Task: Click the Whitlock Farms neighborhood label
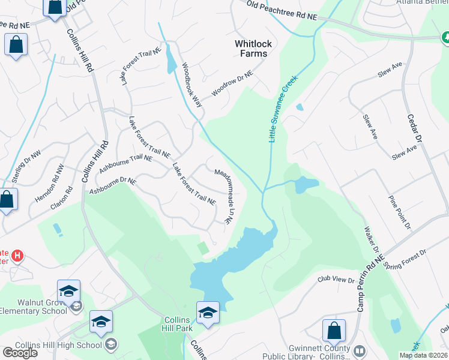tap(251, 49)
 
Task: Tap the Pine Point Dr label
tap(400, 212)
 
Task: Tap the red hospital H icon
tap(17, 256)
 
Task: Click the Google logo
tap(20, 353)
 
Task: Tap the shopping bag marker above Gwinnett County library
tap(334, 331)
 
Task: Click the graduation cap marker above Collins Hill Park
tap(208, 313)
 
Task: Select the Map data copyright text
tap(423, 355)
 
